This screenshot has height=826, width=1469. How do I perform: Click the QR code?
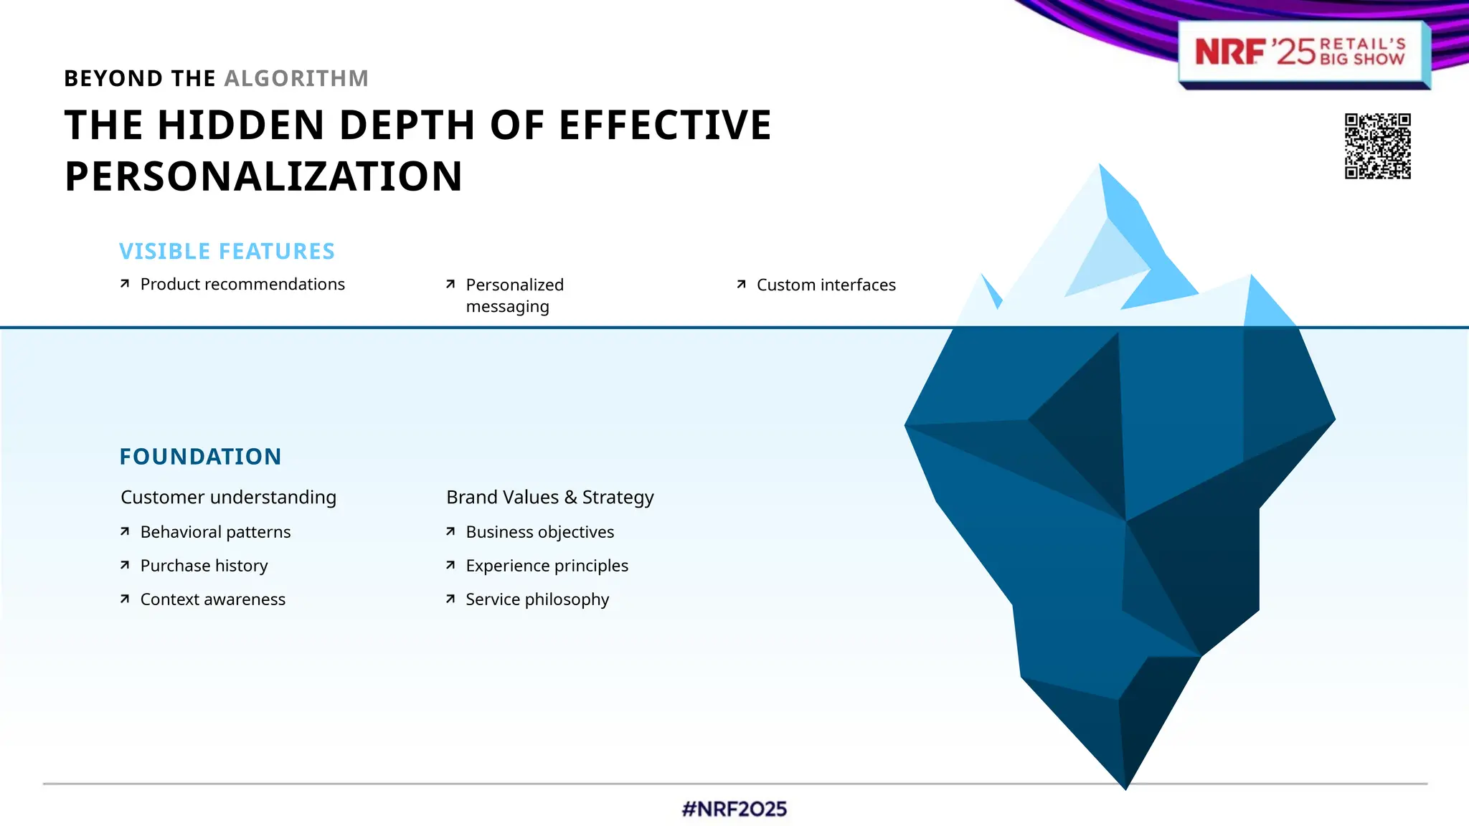coord(1377,146)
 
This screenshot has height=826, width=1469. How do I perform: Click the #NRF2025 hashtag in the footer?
coord(734,809)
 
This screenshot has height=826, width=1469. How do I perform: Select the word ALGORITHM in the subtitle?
coord(296,78)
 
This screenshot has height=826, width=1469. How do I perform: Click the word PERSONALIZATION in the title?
coord(263,176)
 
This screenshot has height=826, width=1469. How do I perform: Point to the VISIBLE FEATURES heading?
coord(227,251)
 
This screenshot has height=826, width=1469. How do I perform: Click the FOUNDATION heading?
coord(200,457)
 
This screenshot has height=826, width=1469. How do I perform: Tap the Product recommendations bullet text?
coord(242,284)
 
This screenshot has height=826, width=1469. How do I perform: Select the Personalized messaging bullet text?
coord(514,295)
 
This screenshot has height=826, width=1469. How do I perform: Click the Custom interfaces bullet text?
coord(826,285)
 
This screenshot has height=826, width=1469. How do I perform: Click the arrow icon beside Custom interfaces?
coord(742,285)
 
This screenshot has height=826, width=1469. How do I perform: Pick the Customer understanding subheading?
coord(228,497)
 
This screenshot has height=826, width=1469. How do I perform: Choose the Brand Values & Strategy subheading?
coord(549,497)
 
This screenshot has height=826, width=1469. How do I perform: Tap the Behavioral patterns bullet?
coord(215,532)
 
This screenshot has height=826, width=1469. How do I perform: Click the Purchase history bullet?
coord(204,566)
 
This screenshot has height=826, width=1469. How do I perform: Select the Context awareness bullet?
coord(212,599)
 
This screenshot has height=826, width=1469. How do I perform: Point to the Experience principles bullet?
coord(547,566)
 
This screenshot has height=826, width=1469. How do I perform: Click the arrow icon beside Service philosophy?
coord(450,599)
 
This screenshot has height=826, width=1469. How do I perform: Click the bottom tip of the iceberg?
coord(1125,786)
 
